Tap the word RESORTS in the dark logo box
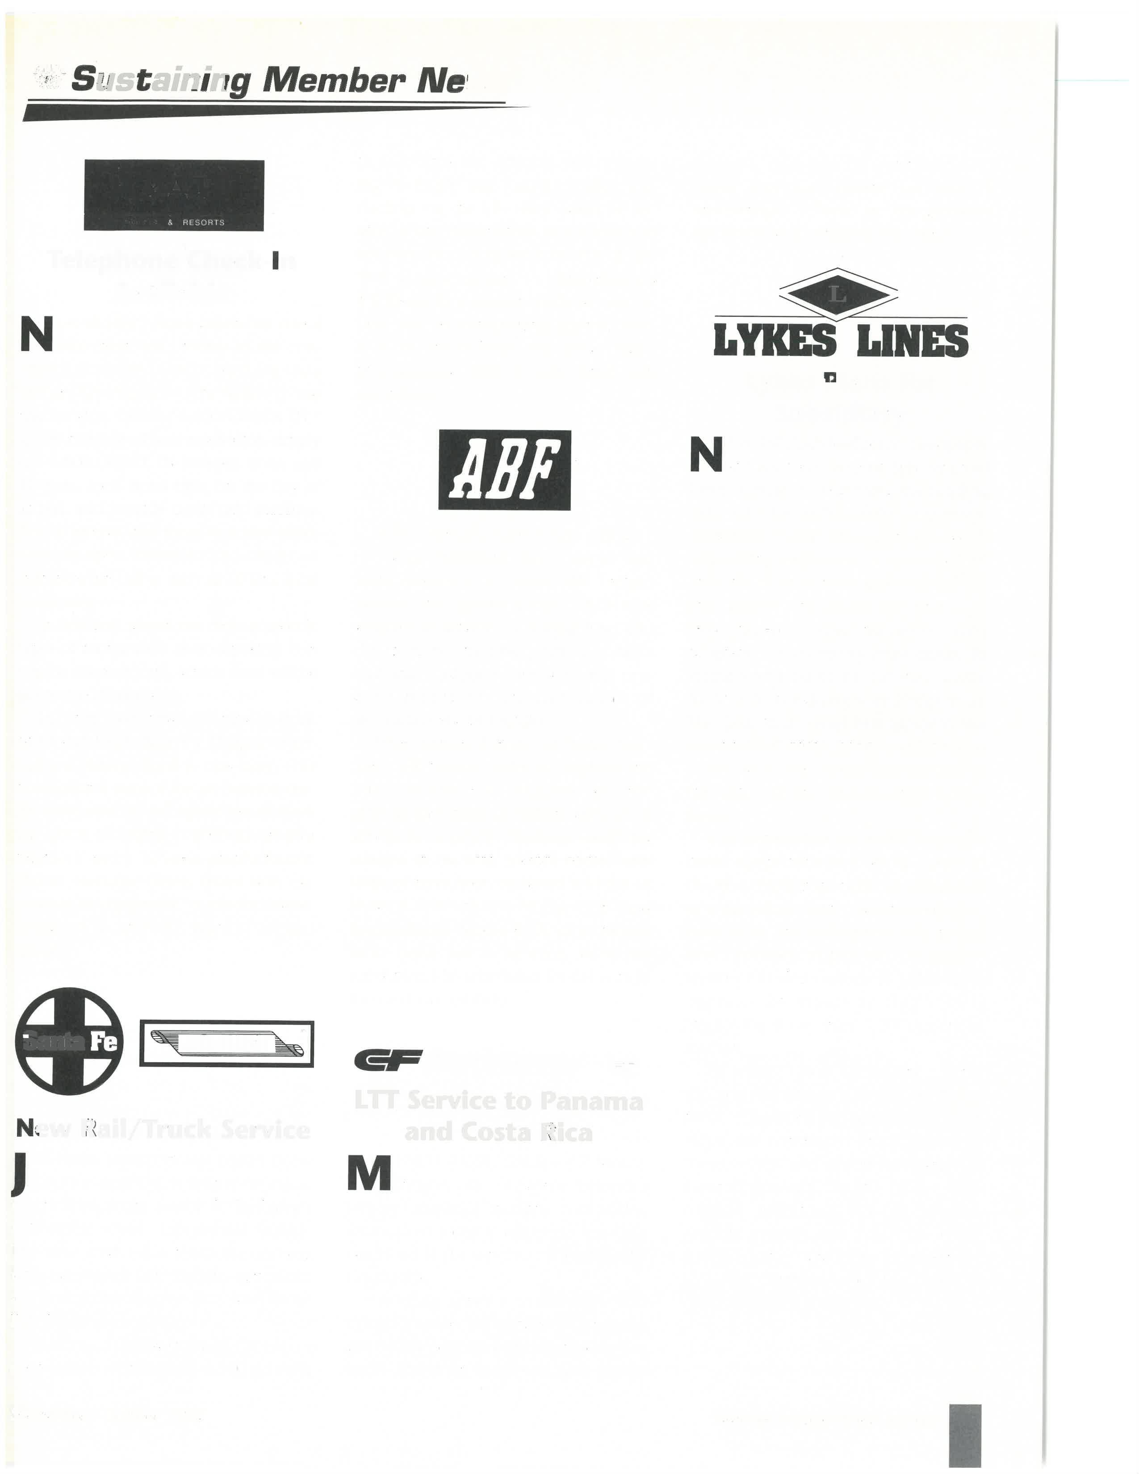(203, 222)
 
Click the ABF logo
(504, 470)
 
